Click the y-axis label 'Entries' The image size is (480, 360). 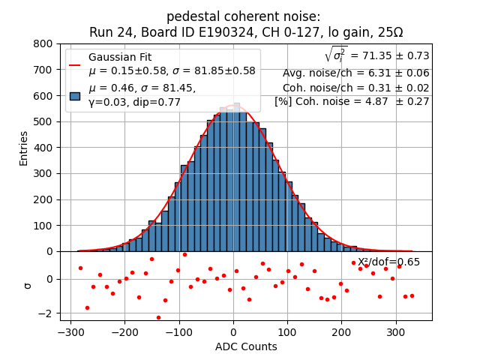point(23,148)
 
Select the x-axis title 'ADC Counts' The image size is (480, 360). point(245,346)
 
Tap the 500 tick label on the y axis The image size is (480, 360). point(43,121)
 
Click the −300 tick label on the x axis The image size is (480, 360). point(70,332)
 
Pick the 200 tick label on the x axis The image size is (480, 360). point(341,332)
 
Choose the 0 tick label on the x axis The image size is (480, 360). point(233,332)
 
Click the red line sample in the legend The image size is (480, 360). point(75,64)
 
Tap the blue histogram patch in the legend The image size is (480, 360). point(75,95)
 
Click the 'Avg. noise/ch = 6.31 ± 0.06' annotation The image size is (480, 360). point(355,73)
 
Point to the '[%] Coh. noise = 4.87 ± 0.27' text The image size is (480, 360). point(352,101)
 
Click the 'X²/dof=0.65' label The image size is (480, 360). point(388,262)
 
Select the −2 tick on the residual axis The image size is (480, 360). point(46,313)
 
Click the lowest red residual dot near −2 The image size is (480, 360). point(158,317)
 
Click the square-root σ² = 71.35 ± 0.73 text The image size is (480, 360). point(376,55)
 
